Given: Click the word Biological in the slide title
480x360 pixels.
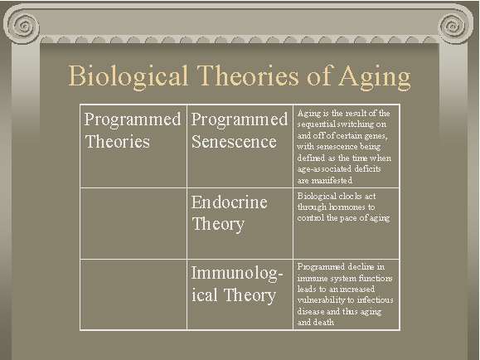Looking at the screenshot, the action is pos(128,75).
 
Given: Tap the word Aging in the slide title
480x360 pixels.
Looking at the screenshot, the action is pos(375,76).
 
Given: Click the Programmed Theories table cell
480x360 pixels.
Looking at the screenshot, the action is pos(133,146).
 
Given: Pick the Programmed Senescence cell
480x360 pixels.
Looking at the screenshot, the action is pos(240,146).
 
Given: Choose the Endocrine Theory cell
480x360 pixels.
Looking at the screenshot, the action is pos(240,223).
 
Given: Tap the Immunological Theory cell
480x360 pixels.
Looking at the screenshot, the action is pos(240,294).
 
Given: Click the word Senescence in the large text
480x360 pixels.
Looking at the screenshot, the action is pos(234,142).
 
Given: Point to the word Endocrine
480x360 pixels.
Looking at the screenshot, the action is pos(230,202).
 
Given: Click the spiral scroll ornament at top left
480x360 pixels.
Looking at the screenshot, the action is pos(23,26).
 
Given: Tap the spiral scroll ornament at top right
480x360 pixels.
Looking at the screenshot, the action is pos(454,26).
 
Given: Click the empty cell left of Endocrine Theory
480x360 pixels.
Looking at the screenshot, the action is pos(133,223).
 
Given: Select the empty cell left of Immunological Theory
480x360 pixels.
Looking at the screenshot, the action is pos(133,294).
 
